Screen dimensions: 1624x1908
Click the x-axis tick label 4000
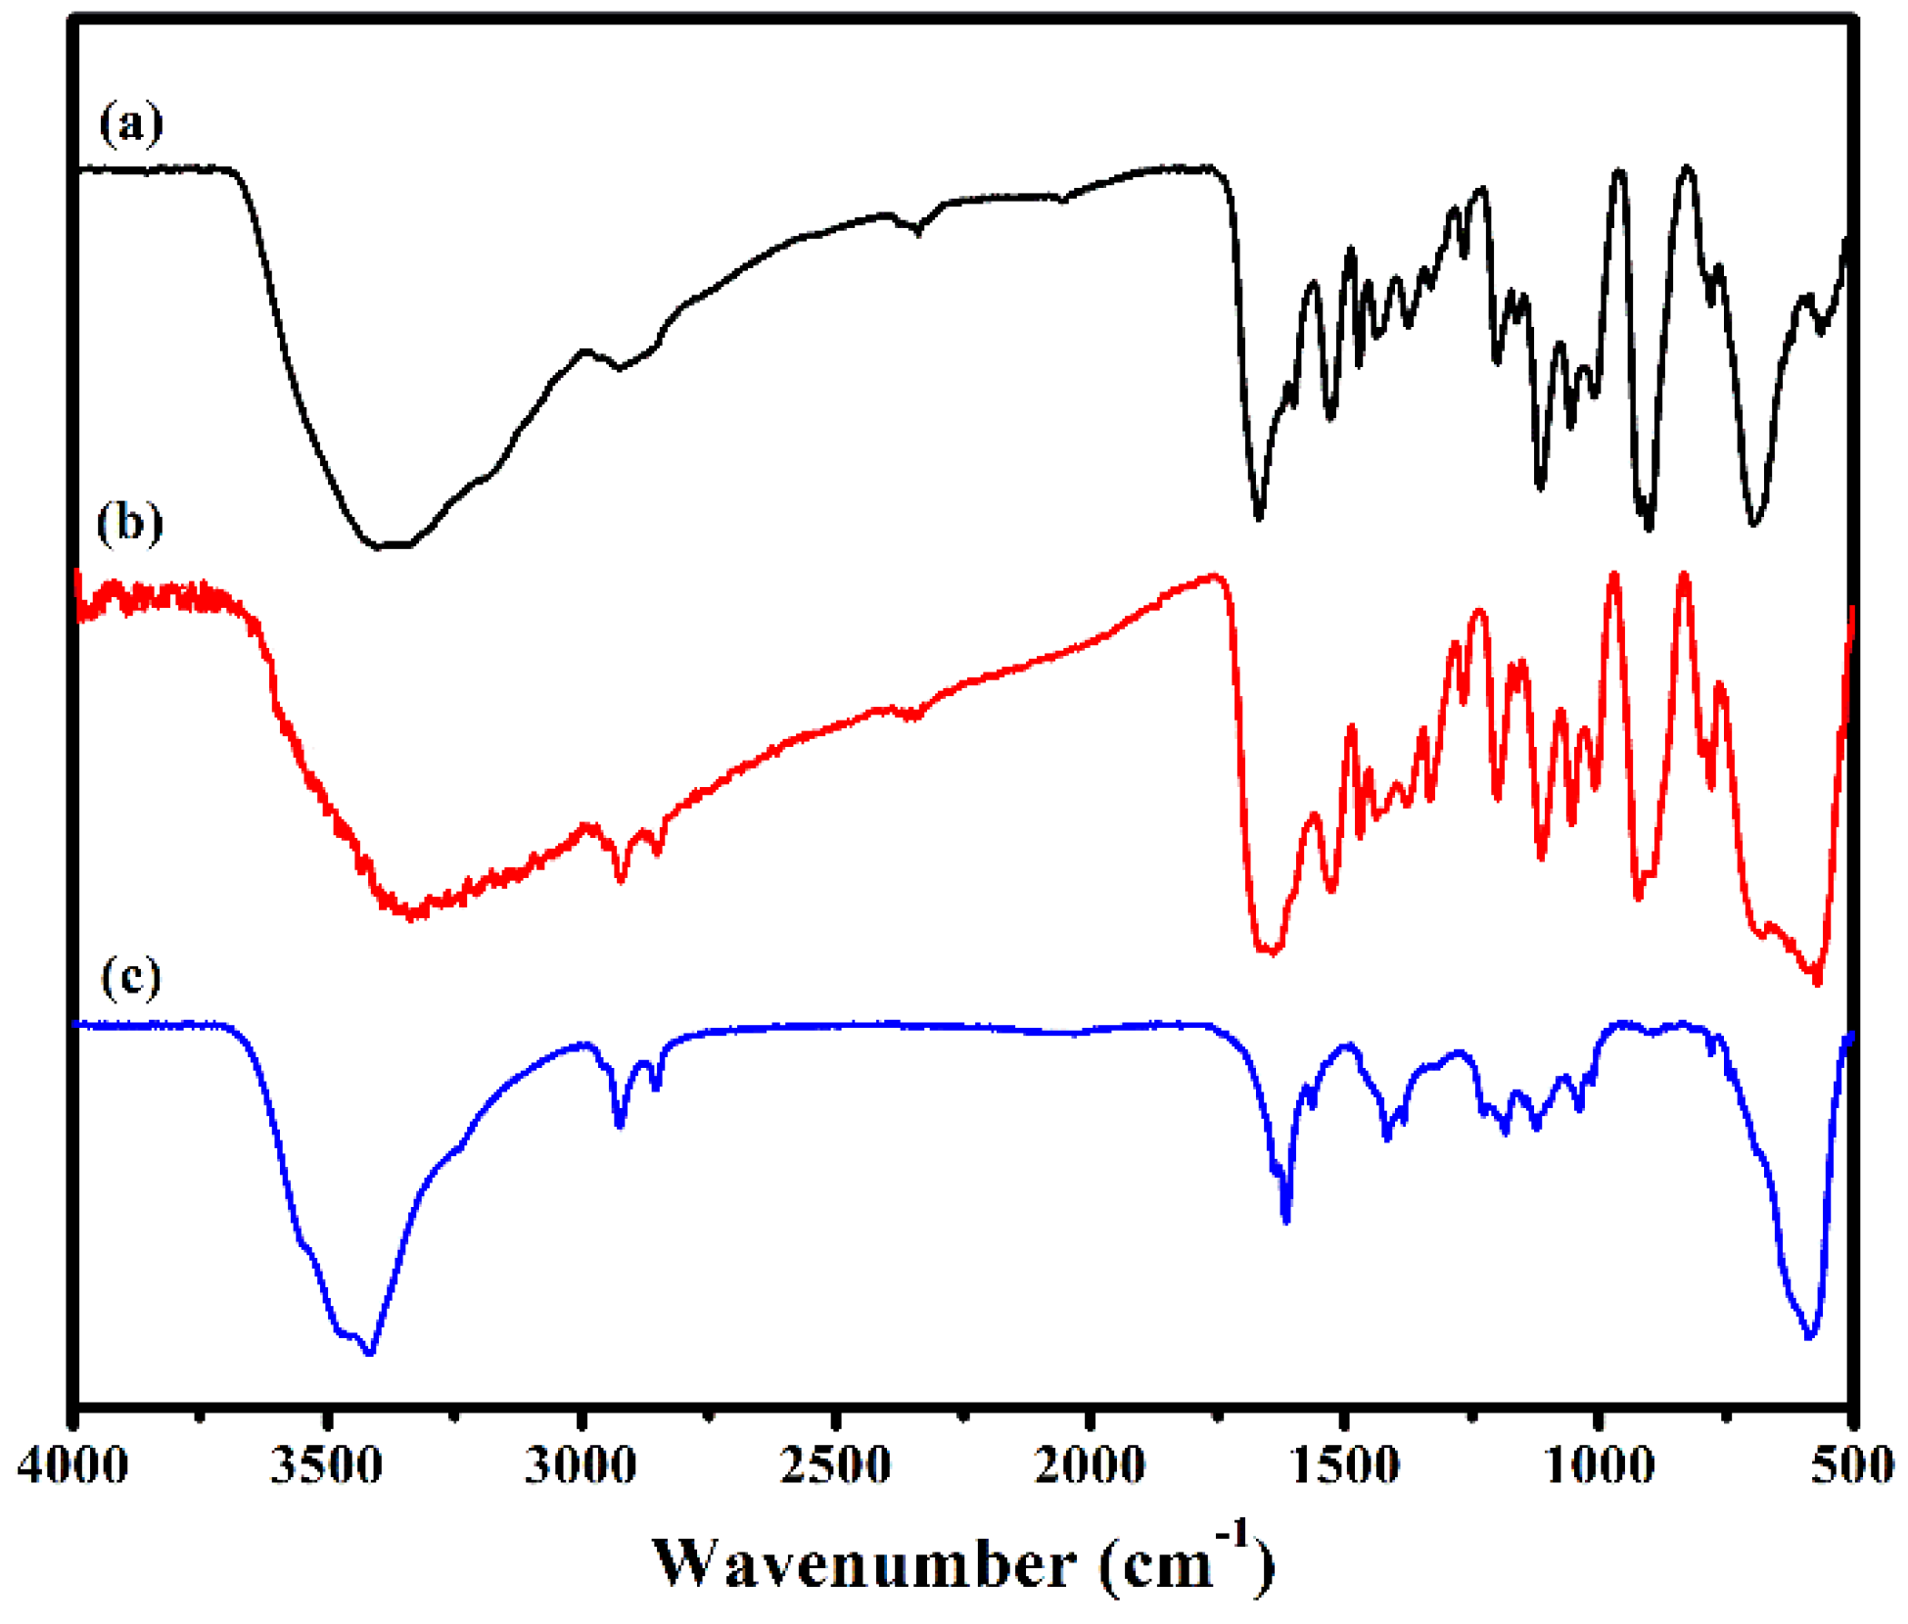click(72, 1466)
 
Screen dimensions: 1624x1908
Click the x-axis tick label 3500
click(327, 1466)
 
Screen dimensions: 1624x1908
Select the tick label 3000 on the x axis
click(582, 1466)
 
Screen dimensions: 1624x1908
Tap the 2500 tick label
click(836, 1466)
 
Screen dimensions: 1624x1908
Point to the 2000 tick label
click(1090, 1466)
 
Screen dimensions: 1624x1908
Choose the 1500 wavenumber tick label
click(1344, 1466)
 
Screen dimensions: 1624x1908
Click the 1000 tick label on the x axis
click(1599, 1466)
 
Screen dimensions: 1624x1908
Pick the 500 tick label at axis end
click(1852, 1466)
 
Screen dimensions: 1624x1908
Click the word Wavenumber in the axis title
click(864, 1564)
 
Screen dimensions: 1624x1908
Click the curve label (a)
click(130, 123)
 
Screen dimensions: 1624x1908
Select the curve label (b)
click(129, 523)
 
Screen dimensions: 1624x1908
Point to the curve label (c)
click(130, 976)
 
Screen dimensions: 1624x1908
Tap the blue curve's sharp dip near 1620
click(1286, 1220)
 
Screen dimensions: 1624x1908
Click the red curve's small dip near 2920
click(621, 879)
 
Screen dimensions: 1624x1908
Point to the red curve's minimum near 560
click(1817, 982)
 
